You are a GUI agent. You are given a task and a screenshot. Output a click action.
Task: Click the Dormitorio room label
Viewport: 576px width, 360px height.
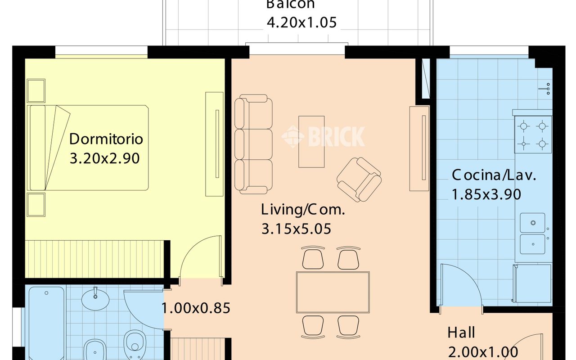tap(106, 139)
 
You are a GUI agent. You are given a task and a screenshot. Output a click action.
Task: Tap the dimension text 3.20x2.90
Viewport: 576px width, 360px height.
tap(105, 158)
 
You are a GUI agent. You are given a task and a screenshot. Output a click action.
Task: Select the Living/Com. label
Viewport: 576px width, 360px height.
tap(303, 210)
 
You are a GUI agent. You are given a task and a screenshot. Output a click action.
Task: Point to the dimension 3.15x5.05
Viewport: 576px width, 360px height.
tap(296, 229)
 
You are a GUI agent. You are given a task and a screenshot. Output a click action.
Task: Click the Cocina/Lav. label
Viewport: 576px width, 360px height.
tap(494, 175)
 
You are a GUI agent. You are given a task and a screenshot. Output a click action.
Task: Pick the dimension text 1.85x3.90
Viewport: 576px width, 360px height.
tap(486, 194)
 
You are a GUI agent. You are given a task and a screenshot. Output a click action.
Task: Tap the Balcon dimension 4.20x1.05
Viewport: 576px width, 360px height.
tap(301, 22)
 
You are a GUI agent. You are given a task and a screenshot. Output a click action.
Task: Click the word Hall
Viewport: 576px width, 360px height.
tap(461, 333)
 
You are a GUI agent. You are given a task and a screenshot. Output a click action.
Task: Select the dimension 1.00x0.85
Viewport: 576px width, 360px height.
tap(196, 308)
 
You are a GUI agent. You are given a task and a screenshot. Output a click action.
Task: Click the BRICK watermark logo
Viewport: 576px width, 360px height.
tap(323, 136)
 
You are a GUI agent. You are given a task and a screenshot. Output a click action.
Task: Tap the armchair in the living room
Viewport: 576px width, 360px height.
tap(359, 180)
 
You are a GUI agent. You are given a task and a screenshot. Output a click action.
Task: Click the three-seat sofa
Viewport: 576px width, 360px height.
tap(253, 144)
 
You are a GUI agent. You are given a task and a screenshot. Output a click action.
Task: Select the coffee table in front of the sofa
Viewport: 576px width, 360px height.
tap(311, 142)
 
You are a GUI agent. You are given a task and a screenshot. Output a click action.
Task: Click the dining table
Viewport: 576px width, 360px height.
tap(333, 292)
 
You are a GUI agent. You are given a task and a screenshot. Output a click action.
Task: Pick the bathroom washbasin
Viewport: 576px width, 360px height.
tap(95, 298)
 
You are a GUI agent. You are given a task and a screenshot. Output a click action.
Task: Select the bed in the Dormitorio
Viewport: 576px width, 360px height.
tap(88, 148)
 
